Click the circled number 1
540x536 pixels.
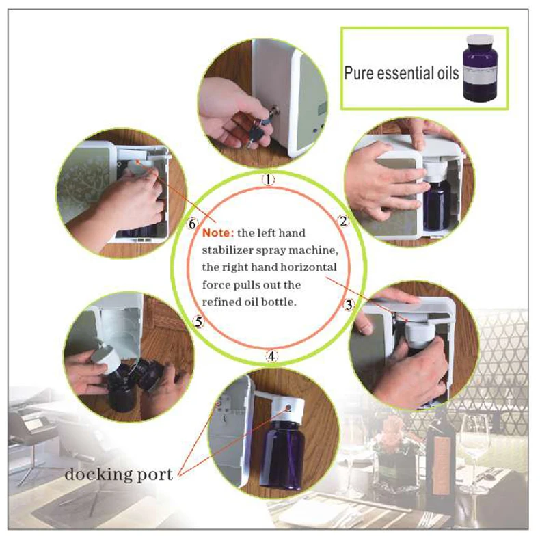point(268,179)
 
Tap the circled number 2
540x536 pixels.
point(343,221)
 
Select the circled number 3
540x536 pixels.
point(349,305)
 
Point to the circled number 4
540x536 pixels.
point(272,356)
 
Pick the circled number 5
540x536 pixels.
point(199,322)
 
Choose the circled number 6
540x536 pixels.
point(192,224)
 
